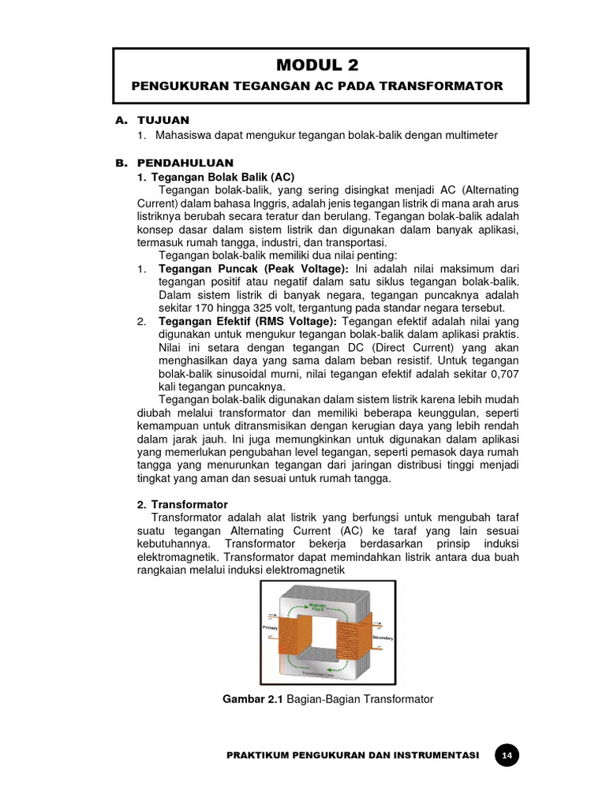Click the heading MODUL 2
point(321,65)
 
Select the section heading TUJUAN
point(163,120)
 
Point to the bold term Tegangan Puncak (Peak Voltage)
point(252,269)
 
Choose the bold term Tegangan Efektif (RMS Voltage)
point(248,321)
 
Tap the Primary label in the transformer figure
point(271,627)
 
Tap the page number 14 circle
point(507,756)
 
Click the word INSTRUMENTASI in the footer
point(433,756)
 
